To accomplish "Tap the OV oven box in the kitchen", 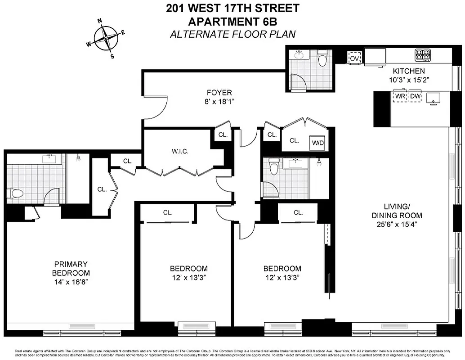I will tap(355, 58).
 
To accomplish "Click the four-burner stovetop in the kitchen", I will tap(423, 55).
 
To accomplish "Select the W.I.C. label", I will tap(179, 151).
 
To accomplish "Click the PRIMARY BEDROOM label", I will tap(71, 268).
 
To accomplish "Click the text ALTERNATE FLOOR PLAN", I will tap(232, 34).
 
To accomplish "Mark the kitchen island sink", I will tap(434, 98).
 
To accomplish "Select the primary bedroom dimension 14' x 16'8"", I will tap(71, 282).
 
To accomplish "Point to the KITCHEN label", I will tap(408, 71).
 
